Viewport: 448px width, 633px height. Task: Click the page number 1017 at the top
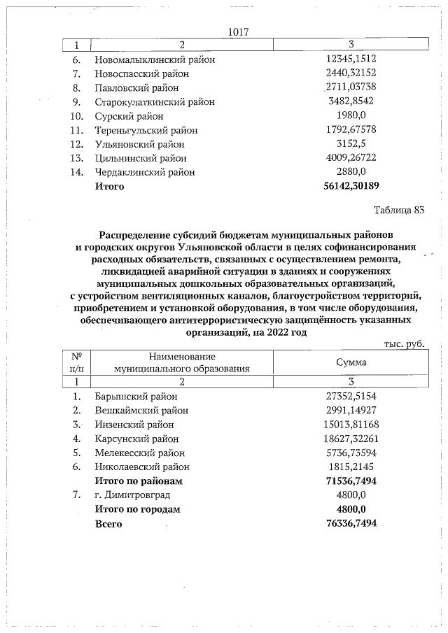click(239, 32)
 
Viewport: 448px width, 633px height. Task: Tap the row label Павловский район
click(136, 88)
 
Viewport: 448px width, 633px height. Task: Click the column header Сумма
click(351, 362)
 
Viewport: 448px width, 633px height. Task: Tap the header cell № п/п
click(78, 362)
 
